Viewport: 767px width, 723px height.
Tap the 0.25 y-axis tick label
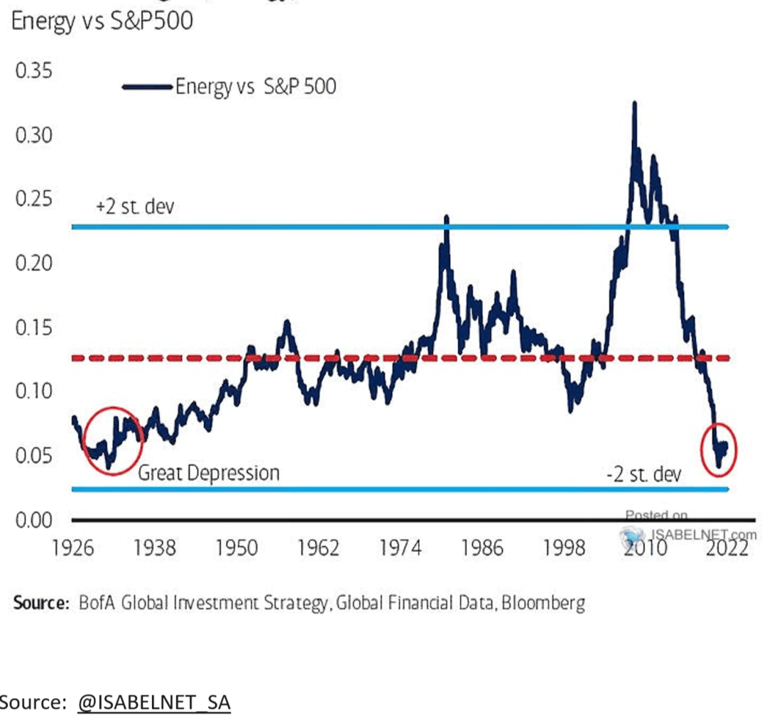click(35, 198)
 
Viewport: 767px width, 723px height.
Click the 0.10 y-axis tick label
click(35, 391)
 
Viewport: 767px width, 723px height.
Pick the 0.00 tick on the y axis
click(35, 521)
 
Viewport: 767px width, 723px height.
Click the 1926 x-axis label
click(74, 548)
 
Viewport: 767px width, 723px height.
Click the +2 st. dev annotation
click(134, 209)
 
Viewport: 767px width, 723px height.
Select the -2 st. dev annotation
click(643, 474)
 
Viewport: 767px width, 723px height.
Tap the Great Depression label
click(208, 472)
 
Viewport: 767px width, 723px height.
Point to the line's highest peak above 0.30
click(634, 104)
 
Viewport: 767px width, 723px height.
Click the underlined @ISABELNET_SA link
click(154, 702)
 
